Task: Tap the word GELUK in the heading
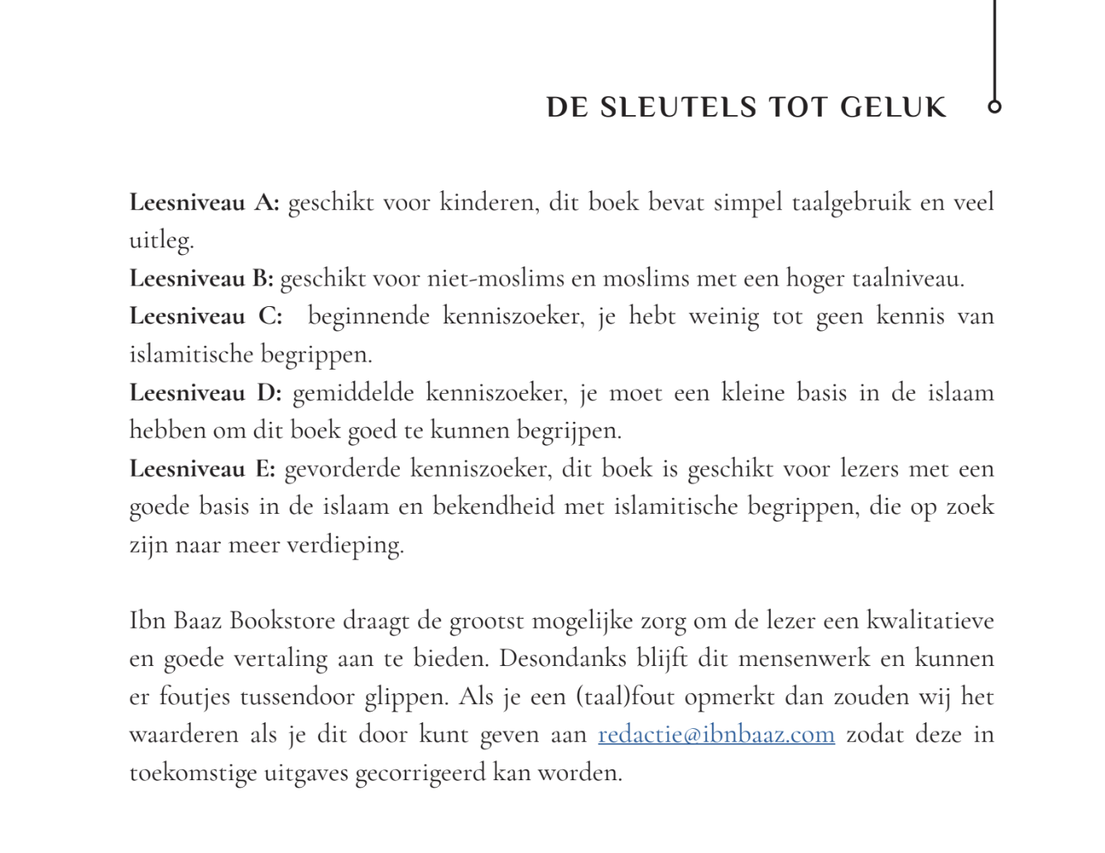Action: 893,108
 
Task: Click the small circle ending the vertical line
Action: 995,107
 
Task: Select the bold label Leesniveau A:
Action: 204,203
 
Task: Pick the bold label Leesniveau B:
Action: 201,279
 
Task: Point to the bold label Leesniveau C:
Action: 205,317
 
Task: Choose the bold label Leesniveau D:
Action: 205,393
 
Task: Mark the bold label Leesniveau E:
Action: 202,469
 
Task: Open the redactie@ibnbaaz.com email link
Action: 716,735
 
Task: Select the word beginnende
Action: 368,317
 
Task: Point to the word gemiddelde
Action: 353,393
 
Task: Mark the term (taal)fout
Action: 626,697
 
